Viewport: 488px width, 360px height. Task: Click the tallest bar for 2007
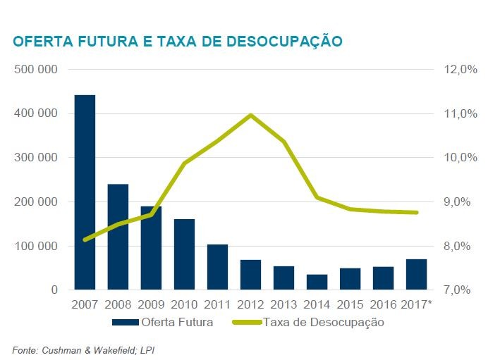pyautogui.click(x=85, y=192)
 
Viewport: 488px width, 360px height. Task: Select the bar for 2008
pyautogui.click(x=118, y=237)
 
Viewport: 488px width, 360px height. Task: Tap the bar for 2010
pyautogui.click(x=184, y=254)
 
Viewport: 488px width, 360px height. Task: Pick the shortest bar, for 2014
pyautogui.click(x=317, y=282)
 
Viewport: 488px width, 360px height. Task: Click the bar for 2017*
pyautogui.click(x=417, y=275)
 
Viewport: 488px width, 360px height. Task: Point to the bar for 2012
pyautogui.click(x=251, y=275)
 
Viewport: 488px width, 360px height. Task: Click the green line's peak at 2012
pyautogui.click(x=251, y=115)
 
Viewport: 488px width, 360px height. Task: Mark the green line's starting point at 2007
pyautogui.click(x=85, y=240)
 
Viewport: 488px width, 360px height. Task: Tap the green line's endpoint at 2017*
pyautogui.click(x=417, y=212)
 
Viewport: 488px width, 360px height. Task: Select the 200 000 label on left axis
pyautogui.click(x=37, y=202)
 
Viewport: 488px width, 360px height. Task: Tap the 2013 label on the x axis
pyautogui.click(x=284, y=305)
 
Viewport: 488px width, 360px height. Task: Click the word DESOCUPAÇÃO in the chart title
pyautogui.click(x=277, y=42)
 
